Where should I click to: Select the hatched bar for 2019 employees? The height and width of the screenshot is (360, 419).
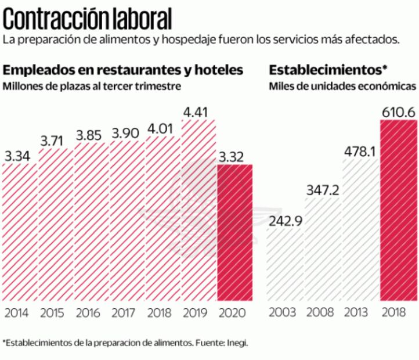(198, 209)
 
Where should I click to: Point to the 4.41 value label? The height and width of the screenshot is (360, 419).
(198, 110)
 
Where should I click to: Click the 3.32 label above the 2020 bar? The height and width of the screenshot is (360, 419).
(234, 156)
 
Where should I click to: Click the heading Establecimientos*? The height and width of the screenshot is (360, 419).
(328, 70)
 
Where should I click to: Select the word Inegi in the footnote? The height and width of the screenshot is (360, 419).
(237, 343)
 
